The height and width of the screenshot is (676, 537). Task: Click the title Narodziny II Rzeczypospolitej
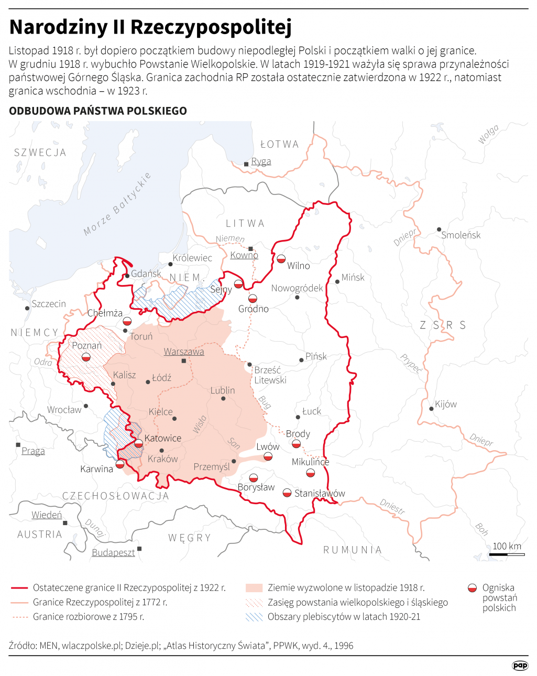coord(150,27)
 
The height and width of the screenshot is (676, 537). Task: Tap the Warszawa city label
coord(184,352)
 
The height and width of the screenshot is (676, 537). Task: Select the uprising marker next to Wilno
coord(281,259)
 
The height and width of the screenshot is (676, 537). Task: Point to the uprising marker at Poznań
coord(86,357)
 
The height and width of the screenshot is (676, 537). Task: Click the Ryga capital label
coord(261,161)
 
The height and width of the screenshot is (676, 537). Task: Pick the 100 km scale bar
coord(507,553)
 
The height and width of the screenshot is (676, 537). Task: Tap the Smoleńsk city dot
coord(439,230)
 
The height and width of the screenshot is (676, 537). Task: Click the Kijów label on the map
coord(446,404)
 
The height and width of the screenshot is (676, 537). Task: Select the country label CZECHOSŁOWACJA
coord(116,496)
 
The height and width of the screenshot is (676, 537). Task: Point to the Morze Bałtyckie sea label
coord(117,204)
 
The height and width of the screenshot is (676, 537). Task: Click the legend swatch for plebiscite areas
coord(254,617)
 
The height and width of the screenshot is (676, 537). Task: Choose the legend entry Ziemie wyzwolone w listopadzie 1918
coord(346,588)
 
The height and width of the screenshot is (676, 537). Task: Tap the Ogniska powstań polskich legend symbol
coord(472,588)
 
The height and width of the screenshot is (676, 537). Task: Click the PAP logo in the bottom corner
coord(520,665)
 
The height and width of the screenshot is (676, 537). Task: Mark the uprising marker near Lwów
coord(268,456)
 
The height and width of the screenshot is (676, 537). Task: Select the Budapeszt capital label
coord(113,553)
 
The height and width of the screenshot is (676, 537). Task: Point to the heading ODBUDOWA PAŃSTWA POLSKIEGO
coord(98,111)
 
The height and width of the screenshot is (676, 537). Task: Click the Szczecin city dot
coord(27,308)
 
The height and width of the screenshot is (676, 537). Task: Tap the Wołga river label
coord(488,135)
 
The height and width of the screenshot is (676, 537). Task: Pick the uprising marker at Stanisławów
coord(287,493)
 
